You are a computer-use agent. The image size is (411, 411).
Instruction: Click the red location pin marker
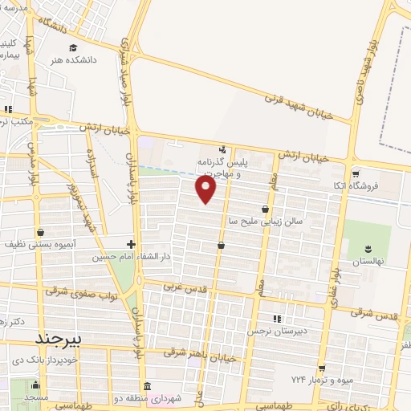(206, 189)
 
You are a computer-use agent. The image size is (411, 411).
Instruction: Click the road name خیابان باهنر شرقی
(200, 354)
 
